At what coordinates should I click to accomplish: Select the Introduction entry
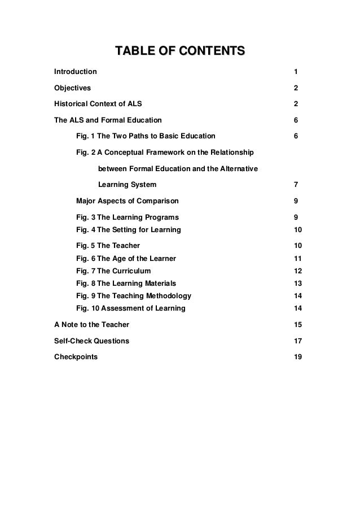75,72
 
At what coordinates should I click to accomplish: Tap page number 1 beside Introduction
296,72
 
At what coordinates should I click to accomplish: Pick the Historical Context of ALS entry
98,104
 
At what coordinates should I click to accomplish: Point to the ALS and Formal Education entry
107,120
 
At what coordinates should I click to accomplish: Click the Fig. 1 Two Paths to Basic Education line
145,136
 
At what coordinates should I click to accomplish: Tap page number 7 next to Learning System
296,185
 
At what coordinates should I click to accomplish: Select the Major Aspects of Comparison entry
127,201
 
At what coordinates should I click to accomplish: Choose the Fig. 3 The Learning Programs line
127,217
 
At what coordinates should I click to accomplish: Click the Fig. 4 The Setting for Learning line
128,230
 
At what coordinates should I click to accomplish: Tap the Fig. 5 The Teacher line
108,246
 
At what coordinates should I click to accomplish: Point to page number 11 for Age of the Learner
298,259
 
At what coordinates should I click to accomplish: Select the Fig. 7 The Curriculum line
113,271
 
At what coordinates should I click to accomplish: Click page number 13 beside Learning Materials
298,284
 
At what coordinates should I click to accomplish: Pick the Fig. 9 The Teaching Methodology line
133,296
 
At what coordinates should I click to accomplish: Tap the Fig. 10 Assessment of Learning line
130,308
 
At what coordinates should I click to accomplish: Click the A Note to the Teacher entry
91,325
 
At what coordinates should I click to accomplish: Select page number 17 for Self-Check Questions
298,341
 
